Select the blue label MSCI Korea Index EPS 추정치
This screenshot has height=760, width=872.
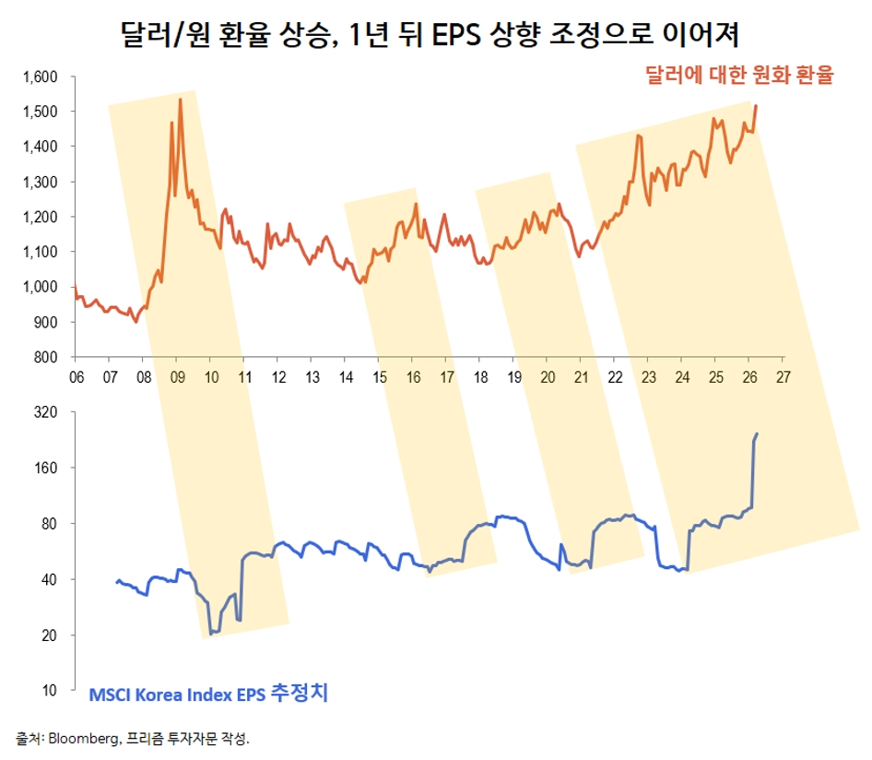208,694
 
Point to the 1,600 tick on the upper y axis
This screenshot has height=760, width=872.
40,77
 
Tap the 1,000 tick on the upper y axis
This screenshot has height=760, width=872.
40,287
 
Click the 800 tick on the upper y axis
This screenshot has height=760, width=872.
46,357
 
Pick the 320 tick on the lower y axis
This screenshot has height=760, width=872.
46,412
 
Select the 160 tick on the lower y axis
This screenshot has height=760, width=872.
46,468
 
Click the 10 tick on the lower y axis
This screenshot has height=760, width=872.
51,690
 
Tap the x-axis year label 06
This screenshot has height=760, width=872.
76,376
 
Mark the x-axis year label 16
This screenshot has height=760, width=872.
413,376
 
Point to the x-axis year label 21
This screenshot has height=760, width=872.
582,376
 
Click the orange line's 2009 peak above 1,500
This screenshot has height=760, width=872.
180,100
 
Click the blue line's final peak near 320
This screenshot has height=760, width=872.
758,433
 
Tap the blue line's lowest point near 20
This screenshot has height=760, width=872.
211,633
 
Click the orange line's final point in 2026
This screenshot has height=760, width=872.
756,106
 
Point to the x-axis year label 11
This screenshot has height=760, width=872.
244,376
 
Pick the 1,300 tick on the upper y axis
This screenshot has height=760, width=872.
40,182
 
